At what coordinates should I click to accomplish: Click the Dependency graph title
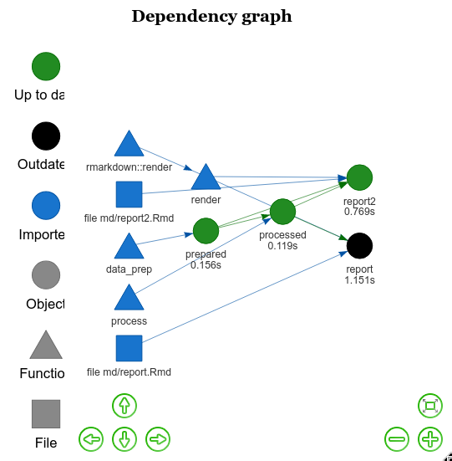(212, 16)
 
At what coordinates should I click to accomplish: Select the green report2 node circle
(359, 177)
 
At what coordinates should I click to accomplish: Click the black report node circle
(359, 245)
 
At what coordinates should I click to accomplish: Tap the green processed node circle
(282, 212)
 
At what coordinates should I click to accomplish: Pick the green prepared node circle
(206, 230)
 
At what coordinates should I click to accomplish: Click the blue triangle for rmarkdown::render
(129, 145)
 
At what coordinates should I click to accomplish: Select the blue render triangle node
(206, 178)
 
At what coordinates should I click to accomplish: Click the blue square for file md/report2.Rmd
(129, 195)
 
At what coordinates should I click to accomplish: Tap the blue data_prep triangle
(129, 247)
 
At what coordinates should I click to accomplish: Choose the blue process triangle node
(129, 299)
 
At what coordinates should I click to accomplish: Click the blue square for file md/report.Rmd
(129, 349)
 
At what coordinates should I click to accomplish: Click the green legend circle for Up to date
(46, 66)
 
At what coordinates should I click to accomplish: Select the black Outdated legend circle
(46, 136)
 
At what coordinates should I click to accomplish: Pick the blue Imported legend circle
(46, 206)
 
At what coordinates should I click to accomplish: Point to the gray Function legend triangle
(46, 346)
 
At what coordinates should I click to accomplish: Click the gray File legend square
(46, 414)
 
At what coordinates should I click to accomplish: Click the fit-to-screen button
(430, 406)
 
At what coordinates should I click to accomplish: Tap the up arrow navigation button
(124, 406)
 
